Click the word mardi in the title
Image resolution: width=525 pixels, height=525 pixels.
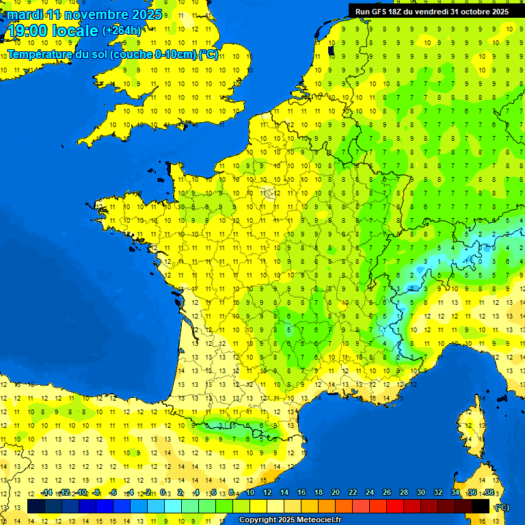[x=25, y=14]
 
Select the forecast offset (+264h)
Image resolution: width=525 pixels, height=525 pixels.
[x=122, y=31]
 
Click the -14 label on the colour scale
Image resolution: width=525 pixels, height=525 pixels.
[x=46, y=493]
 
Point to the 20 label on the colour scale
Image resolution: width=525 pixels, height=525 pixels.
[x=336, y=493]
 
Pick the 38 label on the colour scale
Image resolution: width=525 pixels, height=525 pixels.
[x=489, y=493]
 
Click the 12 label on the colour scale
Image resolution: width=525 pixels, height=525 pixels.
[x=267, y=493]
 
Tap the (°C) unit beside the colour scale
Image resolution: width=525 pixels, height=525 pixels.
[x=502, y=507]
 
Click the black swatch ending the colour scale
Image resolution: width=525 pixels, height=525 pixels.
[x=481, y=507]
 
